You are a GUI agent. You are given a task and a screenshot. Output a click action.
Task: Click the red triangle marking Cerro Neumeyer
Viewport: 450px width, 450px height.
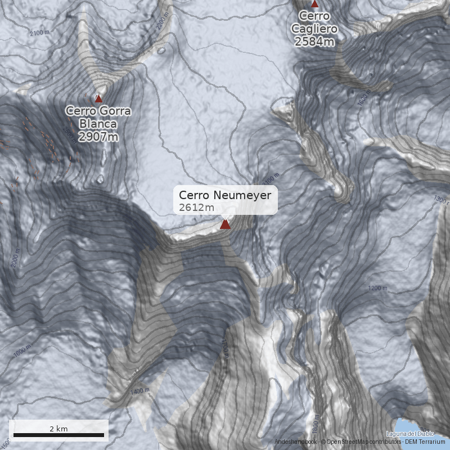coord(225,224)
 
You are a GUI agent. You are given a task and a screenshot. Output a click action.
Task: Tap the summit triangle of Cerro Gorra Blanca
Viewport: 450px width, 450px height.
coord(98,98)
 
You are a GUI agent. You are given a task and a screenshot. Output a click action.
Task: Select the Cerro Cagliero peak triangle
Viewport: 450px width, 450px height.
coord(315,4)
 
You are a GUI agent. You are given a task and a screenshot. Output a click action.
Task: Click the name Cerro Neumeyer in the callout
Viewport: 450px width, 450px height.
coord(225,195)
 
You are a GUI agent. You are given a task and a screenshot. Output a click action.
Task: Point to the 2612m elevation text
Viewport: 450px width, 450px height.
coord(196,208)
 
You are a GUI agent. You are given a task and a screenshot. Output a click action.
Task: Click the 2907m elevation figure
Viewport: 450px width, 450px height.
coord(98,137)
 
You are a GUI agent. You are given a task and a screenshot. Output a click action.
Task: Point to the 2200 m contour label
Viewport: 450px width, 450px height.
coord(163,21)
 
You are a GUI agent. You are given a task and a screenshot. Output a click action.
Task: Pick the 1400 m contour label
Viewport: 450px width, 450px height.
coord(139,390)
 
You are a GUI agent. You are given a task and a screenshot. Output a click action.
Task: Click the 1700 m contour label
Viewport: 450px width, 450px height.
coord(225,349)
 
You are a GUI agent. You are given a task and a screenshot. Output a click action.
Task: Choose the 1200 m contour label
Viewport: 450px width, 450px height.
coord(377,288)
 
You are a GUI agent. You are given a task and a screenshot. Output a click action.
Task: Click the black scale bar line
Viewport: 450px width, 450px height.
coord(58,435)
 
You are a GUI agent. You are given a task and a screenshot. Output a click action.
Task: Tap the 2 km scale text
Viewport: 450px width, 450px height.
coord(58,429)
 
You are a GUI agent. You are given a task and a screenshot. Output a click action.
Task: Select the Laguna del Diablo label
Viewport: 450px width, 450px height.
coord(411,434)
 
